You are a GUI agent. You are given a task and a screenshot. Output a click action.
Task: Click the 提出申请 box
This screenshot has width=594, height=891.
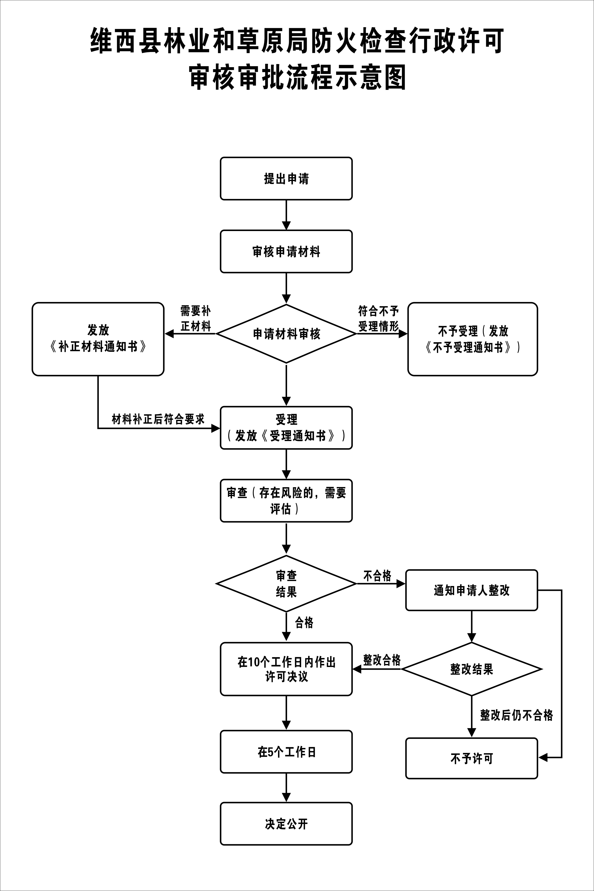point(286,179)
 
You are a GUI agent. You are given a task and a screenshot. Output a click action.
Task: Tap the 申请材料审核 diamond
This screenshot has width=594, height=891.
point(286,334)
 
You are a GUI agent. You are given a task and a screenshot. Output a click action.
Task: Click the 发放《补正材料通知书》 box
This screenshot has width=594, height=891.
point(98,339)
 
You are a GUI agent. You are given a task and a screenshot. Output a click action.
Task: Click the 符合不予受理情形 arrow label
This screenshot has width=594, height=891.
point(379,319)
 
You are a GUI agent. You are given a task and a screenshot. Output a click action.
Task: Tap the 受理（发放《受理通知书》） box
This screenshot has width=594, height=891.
point(286,428)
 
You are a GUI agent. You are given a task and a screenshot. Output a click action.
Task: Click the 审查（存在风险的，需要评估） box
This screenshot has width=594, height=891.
point(286,500)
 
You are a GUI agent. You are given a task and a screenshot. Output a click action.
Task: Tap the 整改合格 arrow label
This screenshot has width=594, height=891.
point(382,660)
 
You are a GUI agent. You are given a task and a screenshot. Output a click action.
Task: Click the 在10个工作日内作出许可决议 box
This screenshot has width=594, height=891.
point(286,669)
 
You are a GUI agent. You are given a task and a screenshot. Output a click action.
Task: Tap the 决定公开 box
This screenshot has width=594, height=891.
point(286,824)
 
